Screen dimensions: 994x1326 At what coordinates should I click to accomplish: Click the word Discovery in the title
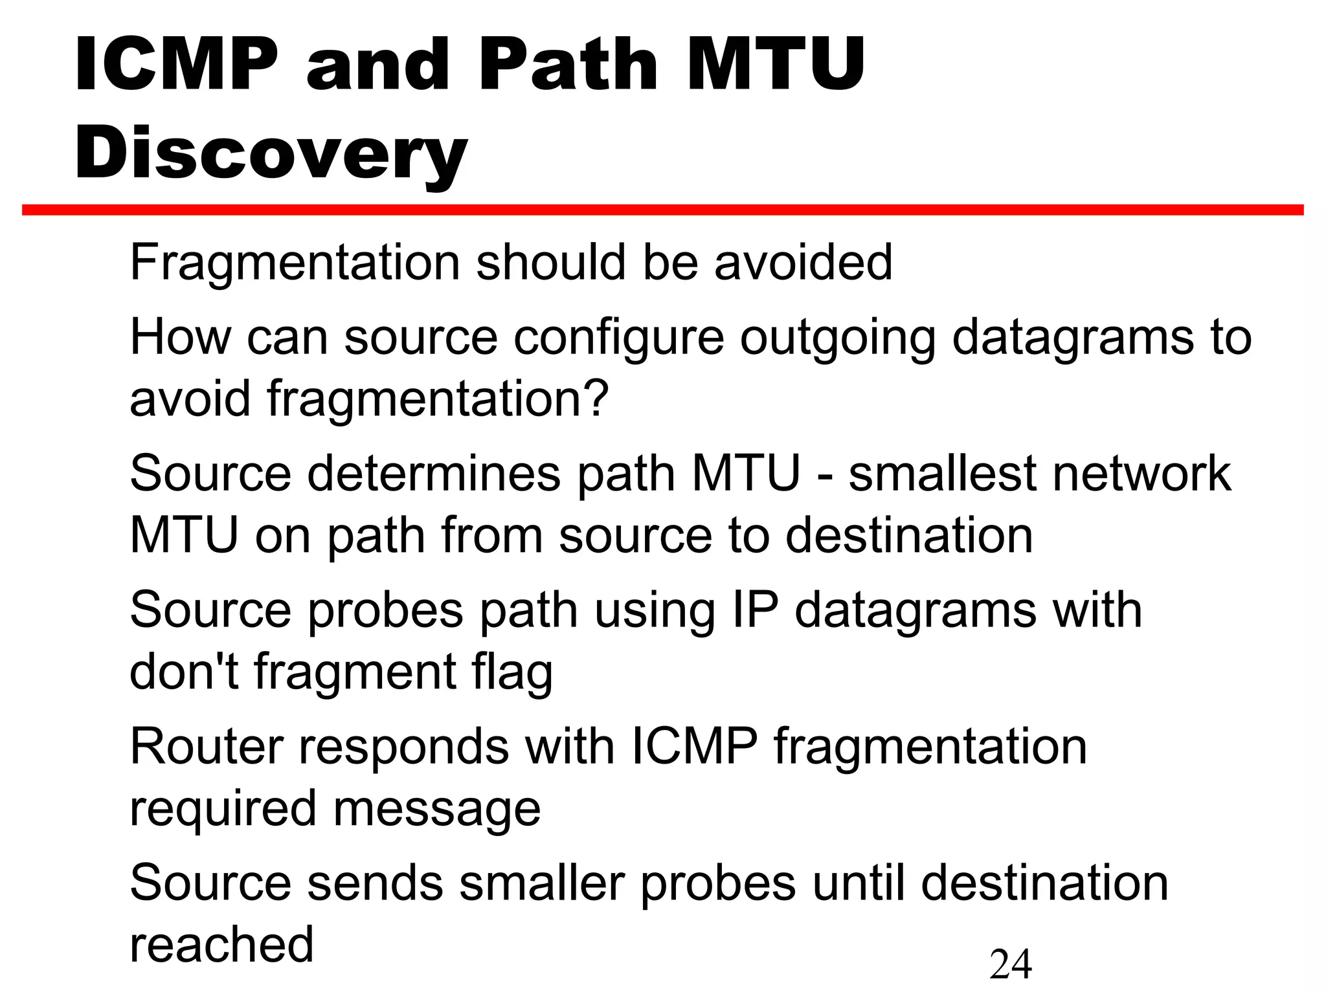tap(271, 154)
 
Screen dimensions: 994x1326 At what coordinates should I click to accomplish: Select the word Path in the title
tap(568, 65)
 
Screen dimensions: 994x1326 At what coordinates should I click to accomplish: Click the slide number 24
tap(1010, 964)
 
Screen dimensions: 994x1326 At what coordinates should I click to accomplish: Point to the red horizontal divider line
tap(663, 210)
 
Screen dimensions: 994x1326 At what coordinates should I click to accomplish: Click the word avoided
tap(803, 262)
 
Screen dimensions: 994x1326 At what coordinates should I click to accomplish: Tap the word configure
tap(618, 338)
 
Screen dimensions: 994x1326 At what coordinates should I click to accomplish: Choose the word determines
tap(434, 474)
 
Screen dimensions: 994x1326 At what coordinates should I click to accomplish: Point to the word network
tap(1142, 474)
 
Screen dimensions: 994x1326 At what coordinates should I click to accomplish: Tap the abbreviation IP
tap(754, 610)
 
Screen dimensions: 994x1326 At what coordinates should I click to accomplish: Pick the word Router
tap(206, 747)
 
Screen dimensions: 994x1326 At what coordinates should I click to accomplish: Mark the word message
tap(437, 809)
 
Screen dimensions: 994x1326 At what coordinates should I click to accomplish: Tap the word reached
tap(221, 945)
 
